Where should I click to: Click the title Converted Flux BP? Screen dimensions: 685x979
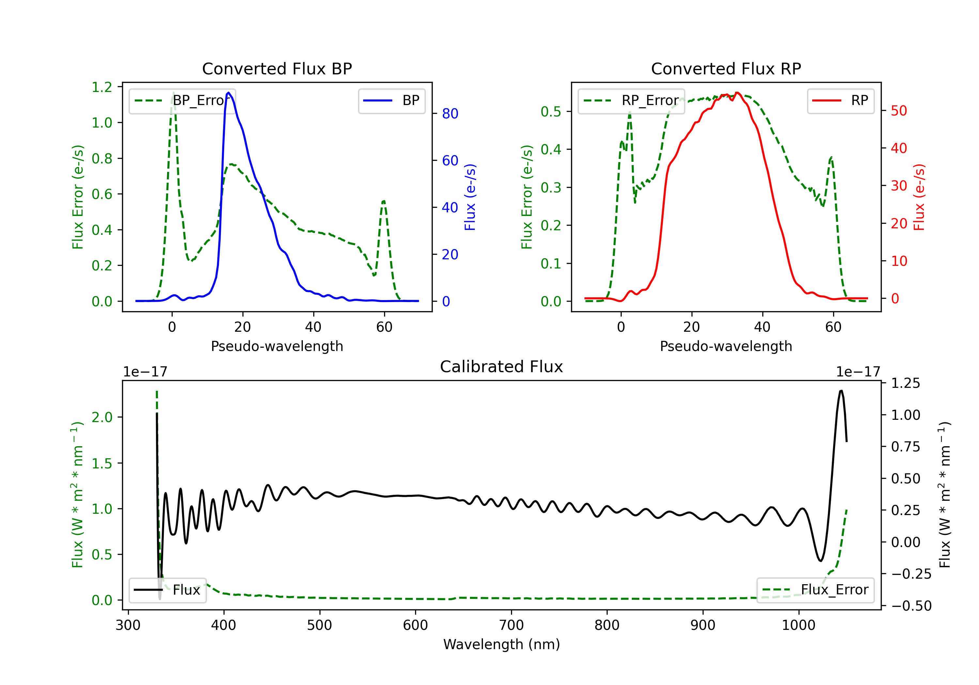click(277, 68)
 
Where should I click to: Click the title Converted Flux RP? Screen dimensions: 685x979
click(726, 68)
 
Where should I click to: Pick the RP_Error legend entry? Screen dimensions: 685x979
click(631, 100)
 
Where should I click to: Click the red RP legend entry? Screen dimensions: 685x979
click(840, 100)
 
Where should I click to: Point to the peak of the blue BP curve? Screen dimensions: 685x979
click(228, 93)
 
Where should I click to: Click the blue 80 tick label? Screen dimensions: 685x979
click(450, 114)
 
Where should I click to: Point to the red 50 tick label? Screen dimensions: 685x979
click(898, 111)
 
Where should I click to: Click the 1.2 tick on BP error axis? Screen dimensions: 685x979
click(102, 87)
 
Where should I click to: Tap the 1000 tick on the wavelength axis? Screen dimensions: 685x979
click(798, 625)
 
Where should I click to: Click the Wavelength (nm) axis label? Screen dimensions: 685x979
click(502, 644)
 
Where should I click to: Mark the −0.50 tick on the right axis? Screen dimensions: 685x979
click(911, 606)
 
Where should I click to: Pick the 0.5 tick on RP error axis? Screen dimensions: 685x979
click(551, 112)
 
